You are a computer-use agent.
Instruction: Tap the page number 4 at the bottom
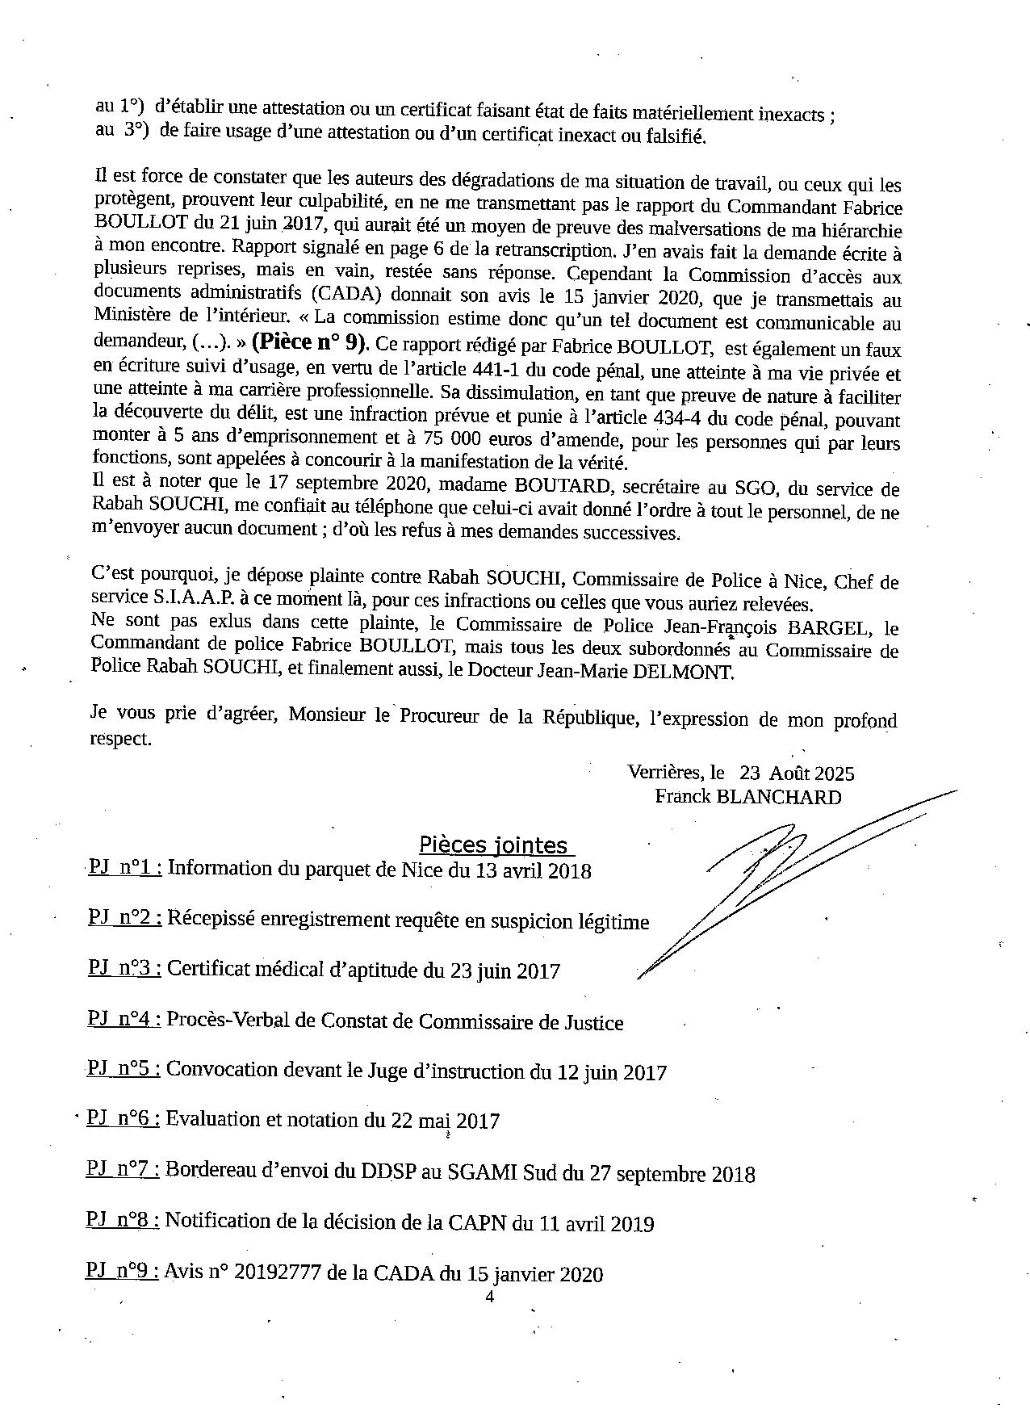click(x=489, y=1298)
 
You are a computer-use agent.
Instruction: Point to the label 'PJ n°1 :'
click(x=125, y=867)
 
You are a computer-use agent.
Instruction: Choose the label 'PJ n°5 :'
click(x=124, y=1069)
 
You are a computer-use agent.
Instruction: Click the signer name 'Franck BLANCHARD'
click(x=747, y=797)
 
